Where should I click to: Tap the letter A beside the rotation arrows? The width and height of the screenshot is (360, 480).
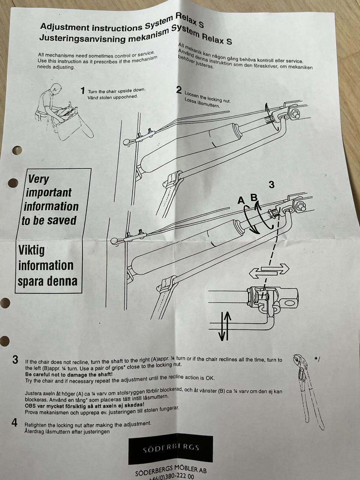coord(241,201)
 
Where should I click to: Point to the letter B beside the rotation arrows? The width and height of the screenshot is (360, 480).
coord(254,198)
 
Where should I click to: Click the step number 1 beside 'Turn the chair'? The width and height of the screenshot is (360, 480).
coord(82,90)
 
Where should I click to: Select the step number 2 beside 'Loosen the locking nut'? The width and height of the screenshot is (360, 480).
coord(179,90)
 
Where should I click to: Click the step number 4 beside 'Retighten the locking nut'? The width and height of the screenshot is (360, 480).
coord(14,423)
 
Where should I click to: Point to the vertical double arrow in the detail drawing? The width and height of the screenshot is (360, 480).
coord(225,326)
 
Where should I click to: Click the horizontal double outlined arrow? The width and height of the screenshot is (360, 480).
coord(269,271)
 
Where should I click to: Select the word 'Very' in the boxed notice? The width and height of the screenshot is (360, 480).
coord(38,179)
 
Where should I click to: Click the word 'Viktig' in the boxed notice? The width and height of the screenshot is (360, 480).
coord(31,250)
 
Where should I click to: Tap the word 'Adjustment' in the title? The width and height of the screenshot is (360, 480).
coord(65,27)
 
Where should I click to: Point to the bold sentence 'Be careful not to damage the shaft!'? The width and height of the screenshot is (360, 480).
coord(69,374)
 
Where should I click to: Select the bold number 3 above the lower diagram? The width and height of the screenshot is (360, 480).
coord(271,185)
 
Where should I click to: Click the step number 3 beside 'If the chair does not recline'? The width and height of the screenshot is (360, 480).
coord(15,360)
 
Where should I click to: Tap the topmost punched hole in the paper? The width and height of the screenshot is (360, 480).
coord(17,150)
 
